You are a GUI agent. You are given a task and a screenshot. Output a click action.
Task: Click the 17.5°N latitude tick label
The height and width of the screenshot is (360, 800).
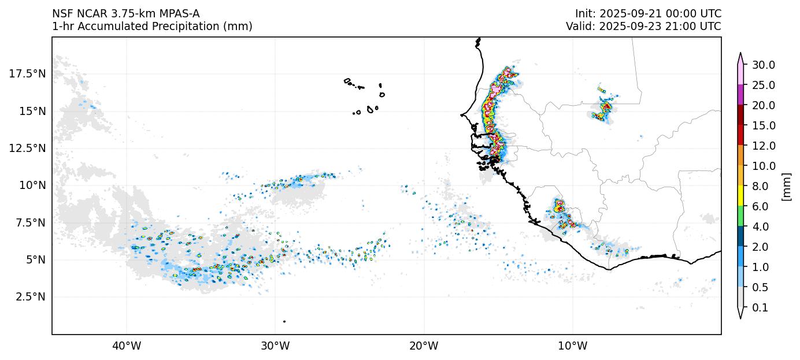[27, 73]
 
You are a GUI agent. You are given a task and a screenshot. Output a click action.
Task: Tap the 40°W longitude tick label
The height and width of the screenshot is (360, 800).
[126, 346]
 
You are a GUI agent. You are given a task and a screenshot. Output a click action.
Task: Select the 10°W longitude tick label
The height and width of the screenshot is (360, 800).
[572, 346]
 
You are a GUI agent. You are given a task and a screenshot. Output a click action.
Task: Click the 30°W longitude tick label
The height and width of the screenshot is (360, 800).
[275, 346]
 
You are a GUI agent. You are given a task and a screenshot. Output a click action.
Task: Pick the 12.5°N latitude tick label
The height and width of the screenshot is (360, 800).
[27, 148]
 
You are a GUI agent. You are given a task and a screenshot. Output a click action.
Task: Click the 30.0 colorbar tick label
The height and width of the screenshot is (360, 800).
[763, 65]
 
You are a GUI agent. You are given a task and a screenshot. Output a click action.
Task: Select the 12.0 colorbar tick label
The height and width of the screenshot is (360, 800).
[763, 146]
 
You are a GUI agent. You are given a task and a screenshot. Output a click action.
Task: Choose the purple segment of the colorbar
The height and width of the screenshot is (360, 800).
[740, 94]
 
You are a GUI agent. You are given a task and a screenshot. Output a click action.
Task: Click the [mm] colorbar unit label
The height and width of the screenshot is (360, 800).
[786, 186]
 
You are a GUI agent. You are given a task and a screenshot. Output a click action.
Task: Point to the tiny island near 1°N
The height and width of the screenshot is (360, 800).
[284, 321]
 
